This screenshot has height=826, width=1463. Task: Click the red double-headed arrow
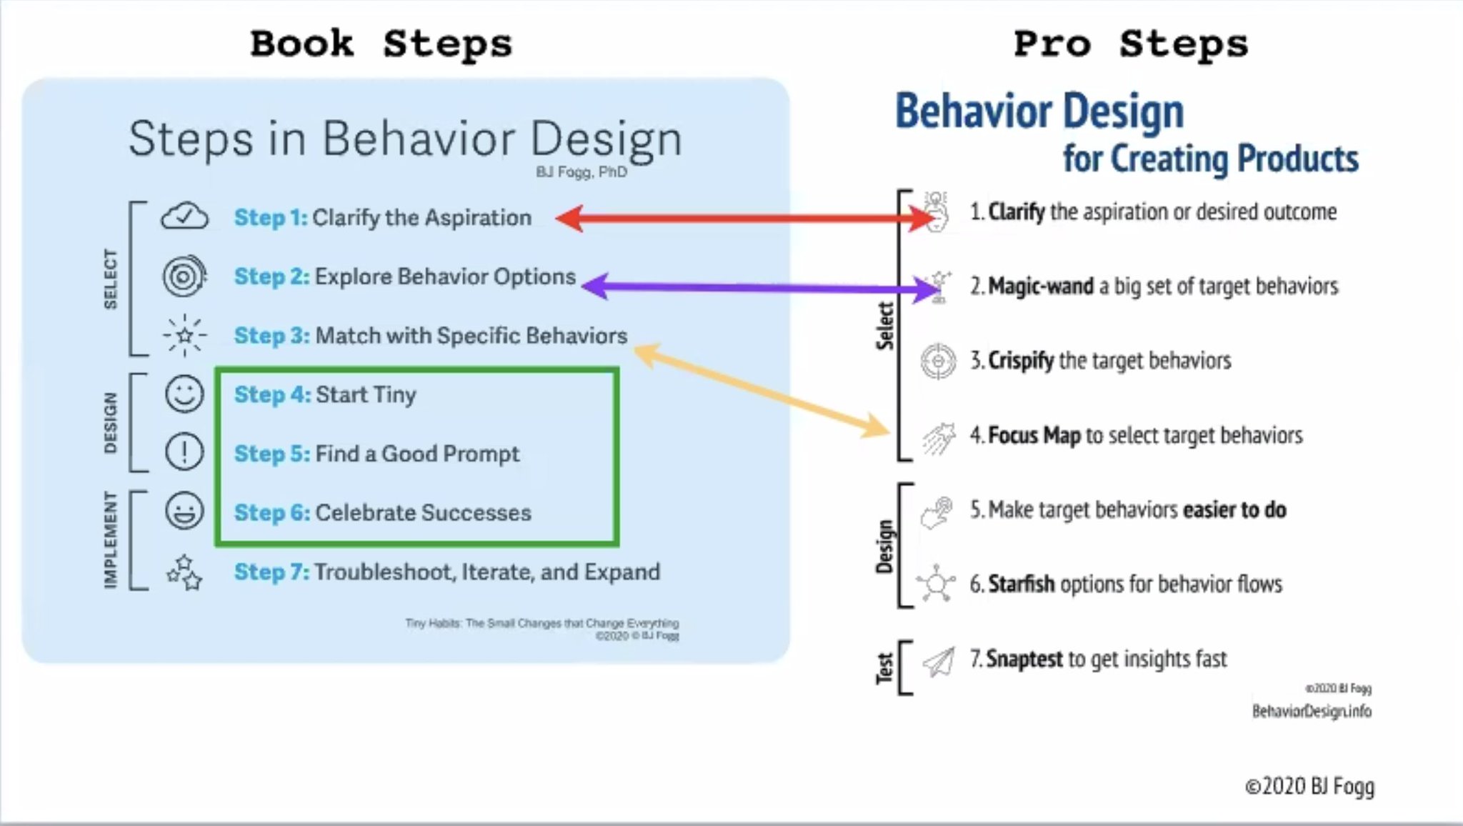click(743, 219)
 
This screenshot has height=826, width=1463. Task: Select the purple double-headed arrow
click(757, 287)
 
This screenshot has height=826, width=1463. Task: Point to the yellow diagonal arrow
click(761, 390)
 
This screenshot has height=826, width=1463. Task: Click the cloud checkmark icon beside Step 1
click(184, 216)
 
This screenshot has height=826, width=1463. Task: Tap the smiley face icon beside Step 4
click(184, 394)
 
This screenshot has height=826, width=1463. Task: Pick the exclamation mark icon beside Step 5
click(184, 452)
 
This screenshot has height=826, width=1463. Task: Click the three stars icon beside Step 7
click(184, 572)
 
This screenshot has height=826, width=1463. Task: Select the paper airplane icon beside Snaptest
click(939, 662)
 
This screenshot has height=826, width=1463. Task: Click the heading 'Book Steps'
click(381, 44)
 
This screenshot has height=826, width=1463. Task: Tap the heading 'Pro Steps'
click(1130, 44)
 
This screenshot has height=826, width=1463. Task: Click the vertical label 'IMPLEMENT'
click(110, 539)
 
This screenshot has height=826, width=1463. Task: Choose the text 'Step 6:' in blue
click(271, 512)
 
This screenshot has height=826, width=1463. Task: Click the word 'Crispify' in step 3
click(1021, 361)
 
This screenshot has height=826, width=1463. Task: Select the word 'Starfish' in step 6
click(1021, 584)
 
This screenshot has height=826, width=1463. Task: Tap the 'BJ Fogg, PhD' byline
click(581, 172)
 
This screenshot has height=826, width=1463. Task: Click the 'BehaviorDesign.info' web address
click(1312, 711)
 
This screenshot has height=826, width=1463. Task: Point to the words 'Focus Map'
click(1034, 435)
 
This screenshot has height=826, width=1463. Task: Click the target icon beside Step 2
click(184, 276)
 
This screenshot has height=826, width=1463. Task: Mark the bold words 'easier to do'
click(1234, 509)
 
